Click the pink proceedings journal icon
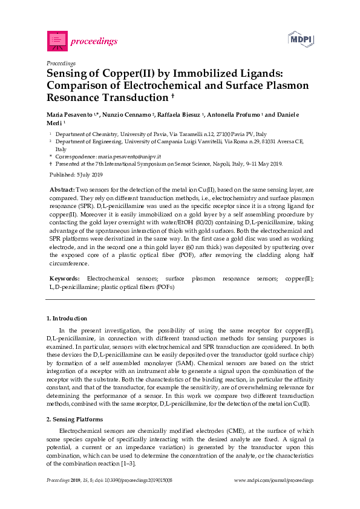tap(57, 41)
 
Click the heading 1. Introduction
tap(67, 318)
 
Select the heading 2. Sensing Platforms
tap(75, 419)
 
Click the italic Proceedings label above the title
tap(61, 62)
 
